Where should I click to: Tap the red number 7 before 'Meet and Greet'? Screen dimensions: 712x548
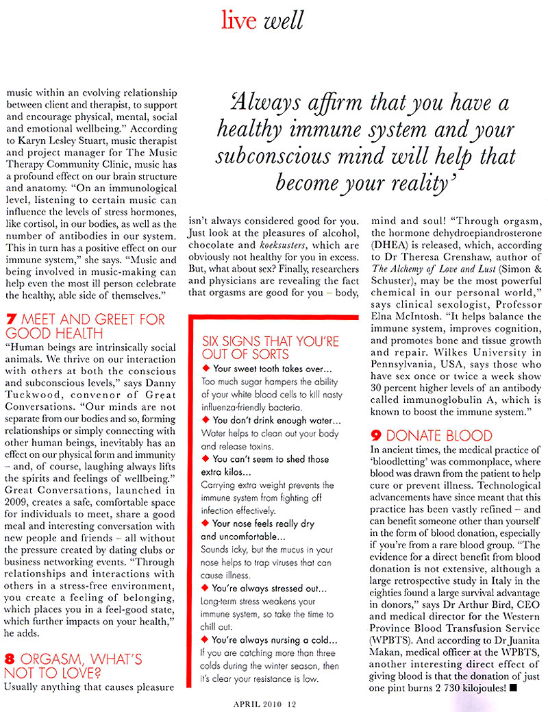pyautogui.click(x=10, y=319)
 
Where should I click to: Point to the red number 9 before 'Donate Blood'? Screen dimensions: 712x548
pyautogui.click(x=376, y=436)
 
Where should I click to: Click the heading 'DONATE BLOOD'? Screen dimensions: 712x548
pyautogui.click(x=439, y=436)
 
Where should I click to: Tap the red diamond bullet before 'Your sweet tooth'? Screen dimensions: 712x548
pyautogui.click(x=206, y=369)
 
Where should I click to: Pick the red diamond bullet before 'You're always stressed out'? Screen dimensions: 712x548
pyautogui.click(x=206, y=588)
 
